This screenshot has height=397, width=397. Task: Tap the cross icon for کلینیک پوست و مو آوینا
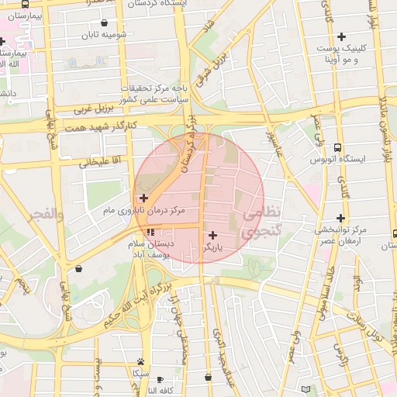coord(342,36)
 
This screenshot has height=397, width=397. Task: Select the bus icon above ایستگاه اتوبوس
coord(337,147)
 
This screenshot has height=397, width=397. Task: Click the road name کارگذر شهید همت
coord(102,126)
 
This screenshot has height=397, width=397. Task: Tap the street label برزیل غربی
coord(94,107)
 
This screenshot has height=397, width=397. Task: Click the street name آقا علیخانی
coord(97,162)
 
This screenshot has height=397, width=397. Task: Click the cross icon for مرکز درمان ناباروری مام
coord(143,198)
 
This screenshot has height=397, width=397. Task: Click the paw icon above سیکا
coord(140,361)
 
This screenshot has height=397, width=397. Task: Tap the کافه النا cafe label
coord(163,391)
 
